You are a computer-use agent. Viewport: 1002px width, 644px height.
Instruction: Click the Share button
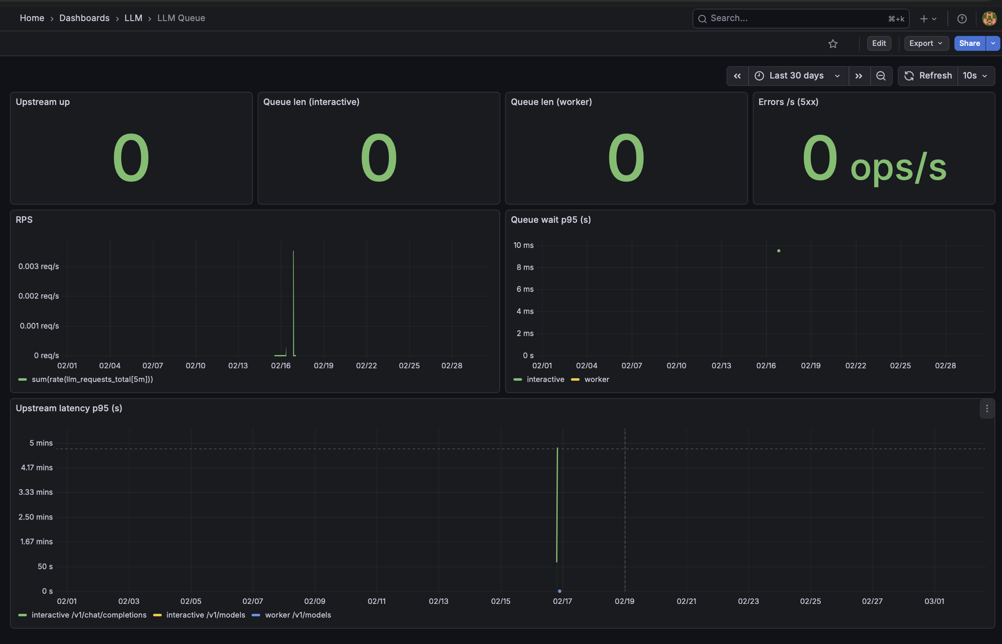(969, 43)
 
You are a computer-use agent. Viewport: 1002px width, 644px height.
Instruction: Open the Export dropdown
(926, 43)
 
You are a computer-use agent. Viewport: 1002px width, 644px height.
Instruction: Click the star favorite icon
(832, 44)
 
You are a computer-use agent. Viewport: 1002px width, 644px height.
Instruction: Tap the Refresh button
(928, 76)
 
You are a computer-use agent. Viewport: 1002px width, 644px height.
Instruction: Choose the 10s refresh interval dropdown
(975, 76)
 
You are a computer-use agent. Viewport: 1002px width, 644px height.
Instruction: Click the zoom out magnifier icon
(881, 76)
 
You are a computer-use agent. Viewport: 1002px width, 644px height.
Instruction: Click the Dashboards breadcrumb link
(84, 18)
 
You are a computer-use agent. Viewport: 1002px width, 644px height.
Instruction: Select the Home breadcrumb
(32, 18)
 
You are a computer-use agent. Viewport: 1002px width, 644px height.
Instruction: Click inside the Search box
(795, 19)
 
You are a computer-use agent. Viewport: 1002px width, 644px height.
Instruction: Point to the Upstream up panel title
(43, 102)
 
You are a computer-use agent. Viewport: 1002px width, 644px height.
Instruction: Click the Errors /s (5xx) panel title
(788, 102)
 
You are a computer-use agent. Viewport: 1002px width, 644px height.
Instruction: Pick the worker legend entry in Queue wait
(596, 379)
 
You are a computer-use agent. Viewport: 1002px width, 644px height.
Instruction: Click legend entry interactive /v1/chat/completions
(89, 615)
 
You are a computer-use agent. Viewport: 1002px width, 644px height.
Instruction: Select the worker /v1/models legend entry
(297, 615)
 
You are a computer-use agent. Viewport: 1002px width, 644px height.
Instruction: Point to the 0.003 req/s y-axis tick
(38, 266)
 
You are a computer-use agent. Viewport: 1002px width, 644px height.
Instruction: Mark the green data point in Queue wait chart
(779, 251)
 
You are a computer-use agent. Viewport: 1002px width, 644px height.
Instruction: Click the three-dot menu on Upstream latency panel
(987, 408)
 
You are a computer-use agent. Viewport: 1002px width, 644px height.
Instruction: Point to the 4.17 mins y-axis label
(37, 467)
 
